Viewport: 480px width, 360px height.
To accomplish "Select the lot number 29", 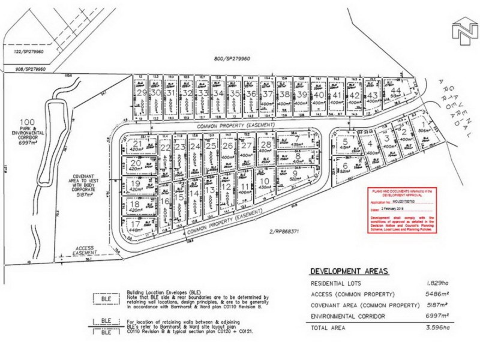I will pyautogui.click(x=142, y=93).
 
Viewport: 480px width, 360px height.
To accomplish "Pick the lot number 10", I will pyautogui.click(x=264, y=181).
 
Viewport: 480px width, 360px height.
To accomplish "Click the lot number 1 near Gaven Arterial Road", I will pyautogui.click(x=423, y=112).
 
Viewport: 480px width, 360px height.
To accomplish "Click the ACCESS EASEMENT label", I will pyautogui.click(x=91, y=250).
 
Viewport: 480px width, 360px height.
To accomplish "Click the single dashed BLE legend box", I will pyautogui.click(x=107, y=299).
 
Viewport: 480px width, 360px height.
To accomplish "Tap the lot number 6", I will pyautogui.click(x=346, y=167).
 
